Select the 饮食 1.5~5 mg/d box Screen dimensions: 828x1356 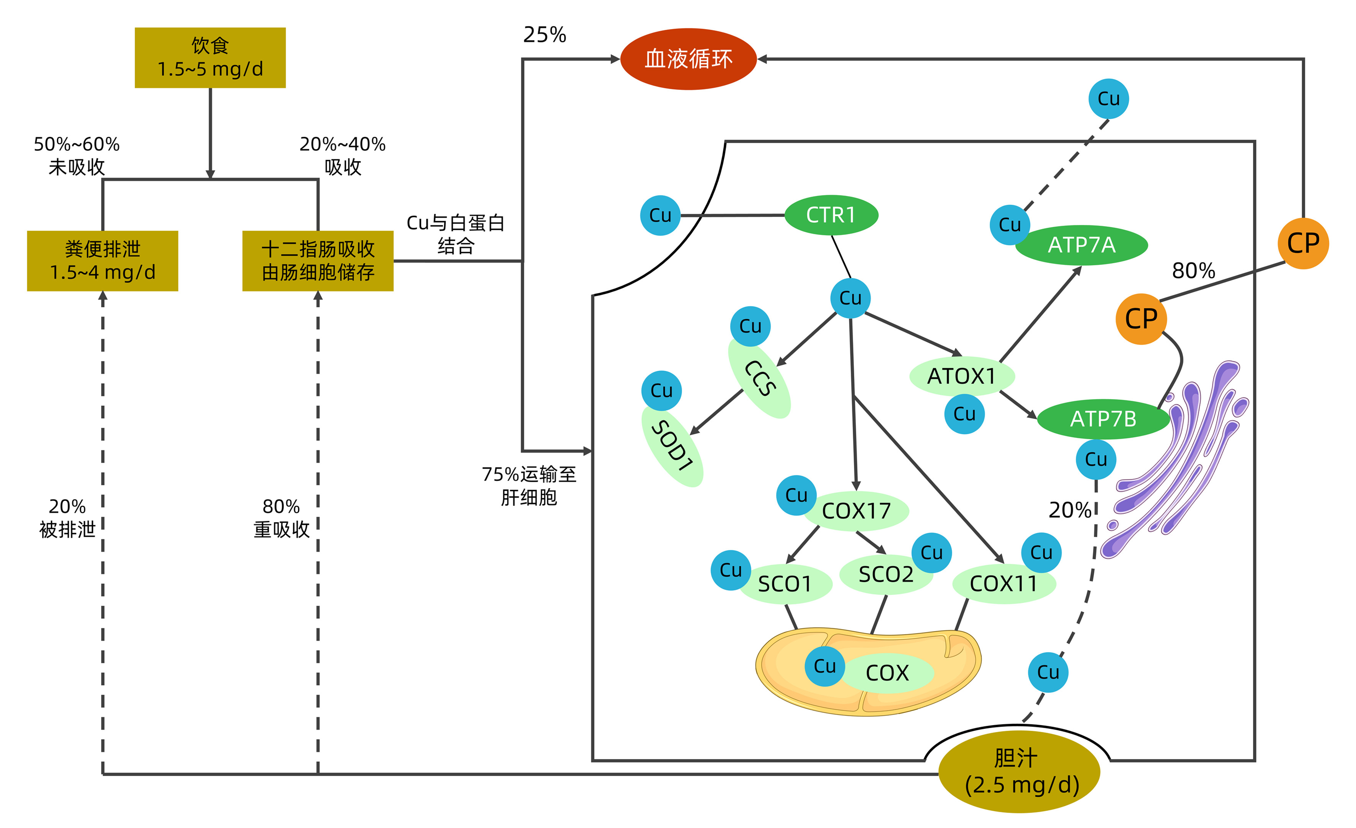[x=210, y=58]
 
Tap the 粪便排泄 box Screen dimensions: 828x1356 [x=102, y=261]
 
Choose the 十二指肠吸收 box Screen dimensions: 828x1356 [x=318, y=261]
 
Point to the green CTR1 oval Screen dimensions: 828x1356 [x=831, y=215]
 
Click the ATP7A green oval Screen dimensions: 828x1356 [x=1081, y=245]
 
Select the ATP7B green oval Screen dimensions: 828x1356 [x=1103, y=419]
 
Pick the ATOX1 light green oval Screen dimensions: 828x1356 [x=961, y=377]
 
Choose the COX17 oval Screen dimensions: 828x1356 [x=856, y=511]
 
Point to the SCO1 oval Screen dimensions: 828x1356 [x=785, y=584]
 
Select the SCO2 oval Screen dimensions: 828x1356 [x=886, y=574]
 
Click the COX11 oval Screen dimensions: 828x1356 [x=1003, y=584]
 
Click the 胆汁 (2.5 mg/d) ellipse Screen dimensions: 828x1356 [x=1019, y=771]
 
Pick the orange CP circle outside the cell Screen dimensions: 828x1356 [x=1303, y=243]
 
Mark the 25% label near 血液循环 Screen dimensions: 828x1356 [x=544, y=35]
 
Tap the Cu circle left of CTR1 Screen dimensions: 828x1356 [x=660, y=216]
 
